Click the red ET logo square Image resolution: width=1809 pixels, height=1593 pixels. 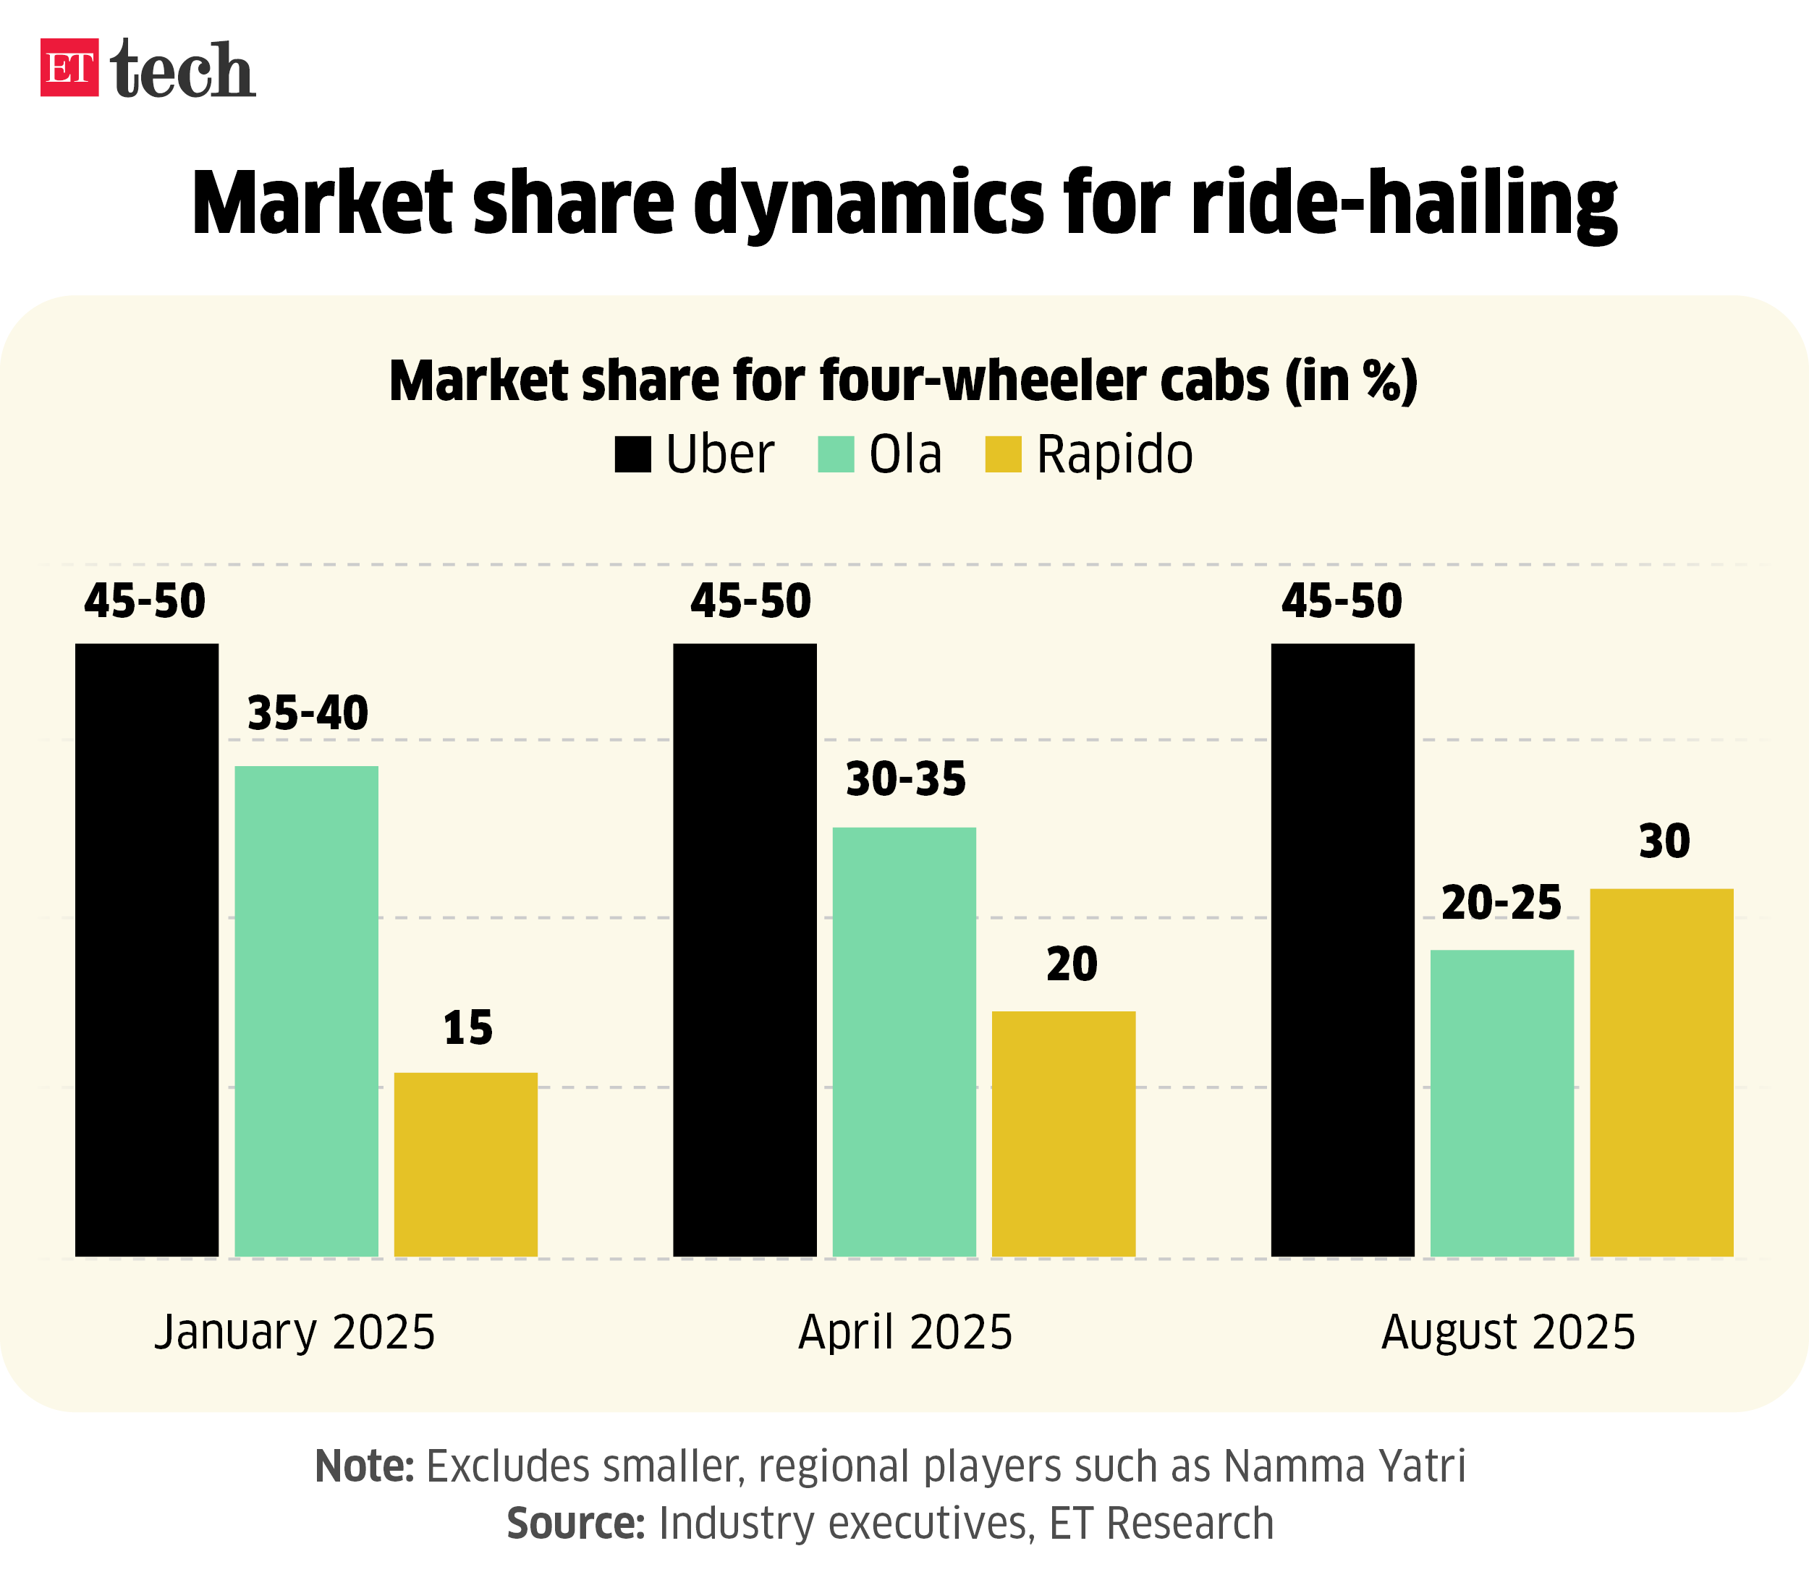click(69, 67)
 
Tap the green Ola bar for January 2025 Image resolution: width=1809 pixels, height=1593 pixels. click(306, 1011)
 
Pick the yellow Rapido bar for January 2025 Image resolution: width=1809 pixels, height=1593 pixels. click(465, 1164)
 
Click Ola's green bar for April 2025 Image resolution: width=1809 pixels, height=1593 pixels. click(904, 1042)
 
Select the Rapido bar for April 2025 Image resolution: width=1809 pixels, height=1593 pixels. click(1063, 1134)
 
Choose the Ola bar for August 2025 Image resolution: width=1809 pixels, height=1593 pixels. click(1502, 1103)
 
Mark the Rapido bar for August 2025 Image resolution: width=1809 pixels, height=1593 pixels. click(1661, 1071)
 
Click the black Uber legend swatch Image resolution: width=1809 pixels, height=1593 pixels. click(633, 454)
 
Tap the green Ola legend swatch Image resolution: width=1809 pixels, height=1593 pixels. click(836, 454)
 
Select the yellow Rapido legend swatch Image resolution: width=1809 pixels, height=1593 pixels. click(1003, 454)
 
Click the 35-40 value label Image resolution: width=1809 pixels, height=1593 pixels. click(307, 713)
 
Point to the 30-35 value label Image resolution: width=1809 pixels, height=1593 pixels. click(905, 780)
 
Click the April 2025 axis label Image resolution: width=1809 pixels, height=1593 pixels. click(904, 1332)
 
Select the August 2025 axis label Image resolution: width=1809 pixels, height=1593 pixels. click(1508, 1332)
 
